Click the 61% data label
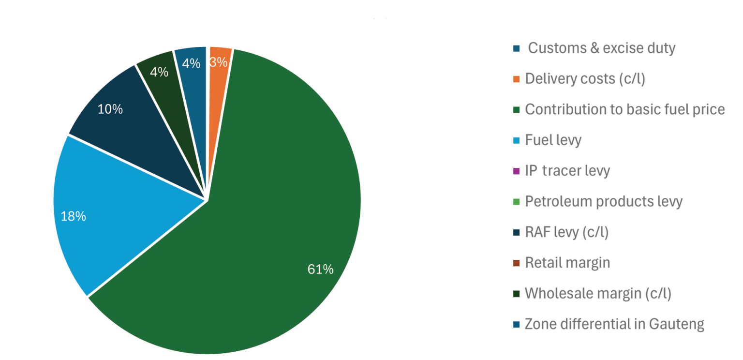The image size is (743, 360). [320, 270]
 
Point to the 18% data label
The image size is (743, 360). [73, 216]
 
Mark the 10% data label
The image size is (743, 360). [110, 109]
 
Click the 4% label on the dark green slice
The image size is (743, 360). [159, 72]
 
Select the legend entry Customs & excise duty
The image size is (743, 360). [601, 48]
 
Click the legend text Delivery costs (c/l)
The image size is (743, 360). [585, 79]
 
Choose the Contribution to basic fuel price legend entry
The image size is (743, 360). [624, 109]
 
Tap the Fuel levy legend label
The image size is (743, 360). [553, 140]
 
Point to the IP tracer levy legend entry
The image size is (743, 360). [567, 171]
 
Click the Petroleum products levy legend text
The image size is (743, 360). [603, 201]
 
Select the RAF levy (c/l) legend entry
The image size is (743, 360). [566, 232]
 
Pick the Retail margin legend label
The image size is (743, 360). [567, 263]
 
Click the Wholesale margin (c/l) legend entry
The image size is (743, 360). [598, 293]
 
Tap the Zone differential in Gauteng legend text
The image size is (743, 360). [614, 324]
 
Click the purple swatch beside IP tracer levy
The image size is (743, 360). [516, 171]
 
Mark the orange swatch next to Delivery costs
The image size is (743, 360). [516, 79]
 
